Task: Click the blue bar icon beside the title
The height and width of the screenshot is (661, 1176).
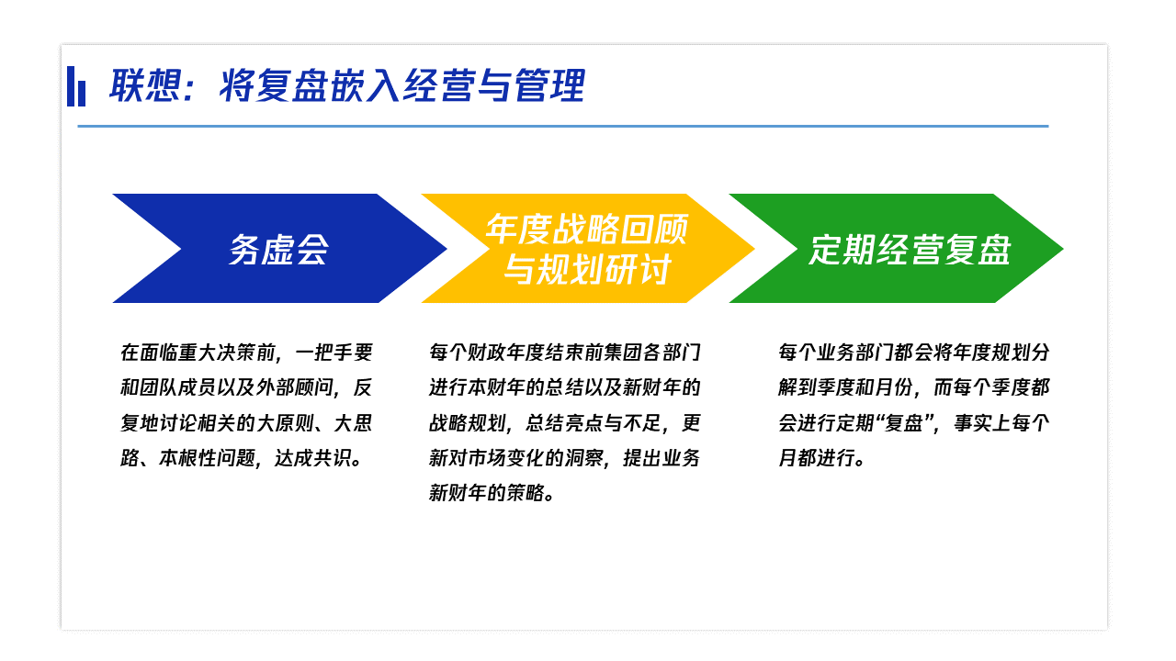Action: click(76, 86)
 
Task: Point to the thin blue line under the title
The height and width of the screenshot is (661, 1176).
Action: click(563, 127)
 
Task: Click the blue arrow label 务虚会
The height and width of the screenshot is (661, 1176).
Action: click(278, 250)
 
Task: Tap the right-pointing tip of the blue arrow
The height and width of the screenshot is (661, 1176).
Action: click(447, 249)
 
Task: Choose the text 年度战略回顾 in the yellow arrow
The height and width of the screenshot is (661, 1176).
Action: click(586, 230)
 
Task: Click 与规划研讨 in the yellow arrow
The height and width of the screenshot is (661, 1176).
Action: click(587, 269)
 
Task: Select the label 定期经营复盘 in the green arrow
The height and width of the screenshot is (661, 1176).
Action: click(910, 250)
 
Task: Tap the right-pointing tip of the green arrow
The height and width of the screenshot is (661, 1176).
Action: click(1063, 249)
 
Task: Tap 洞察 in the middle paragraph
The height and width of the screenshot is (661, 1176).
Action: click(583, 458)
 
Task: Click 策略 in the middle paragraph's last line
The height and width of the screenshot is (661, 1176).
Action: click(526, 493)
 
